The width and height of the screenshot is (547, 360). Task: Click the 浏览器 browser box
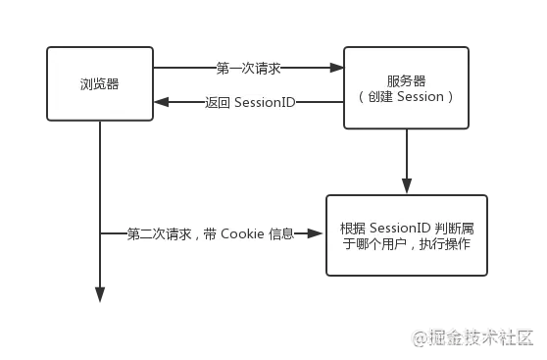tap(100, 84)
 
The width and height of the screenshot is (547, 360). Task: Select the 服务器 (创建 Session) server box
tap(407, 88)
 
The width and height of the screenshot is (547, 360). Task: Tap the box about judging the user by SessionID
tap(406, 234)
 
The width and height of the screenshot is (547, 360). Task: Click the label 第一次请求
tap(249, 69)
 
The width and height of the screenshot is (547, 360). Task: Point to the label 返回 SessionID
tap(250, 101)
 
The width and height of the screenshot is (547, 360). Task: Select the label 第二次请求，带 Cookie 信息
tap(211, 233)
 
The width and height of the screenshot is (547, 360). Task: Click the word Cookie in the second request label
tap(240, 233)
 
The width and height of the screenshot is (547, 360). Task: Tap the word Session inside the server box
tap(422, 97)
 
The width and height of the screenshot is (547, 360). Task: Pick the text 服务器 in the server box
tap(406, 79)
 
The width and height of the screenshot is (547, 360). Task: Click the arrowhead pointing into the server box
tap(338, 69)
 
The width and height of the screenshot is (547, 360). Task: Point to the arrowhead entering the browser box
tap(160, 101)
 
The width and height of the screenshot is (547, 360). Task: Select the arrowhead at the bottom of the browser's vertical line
tap(100, 293)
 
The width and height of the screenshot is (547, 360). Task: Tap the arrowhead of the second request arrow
tap(316, 233)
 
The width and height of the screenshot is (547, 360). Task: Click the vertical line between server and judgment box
tap(407, 157)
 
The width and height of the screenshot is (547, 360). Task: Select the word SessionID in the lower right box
tap(400, 228)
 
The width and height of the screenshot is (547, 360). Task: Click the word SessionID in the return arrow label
tap(265, 101)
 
